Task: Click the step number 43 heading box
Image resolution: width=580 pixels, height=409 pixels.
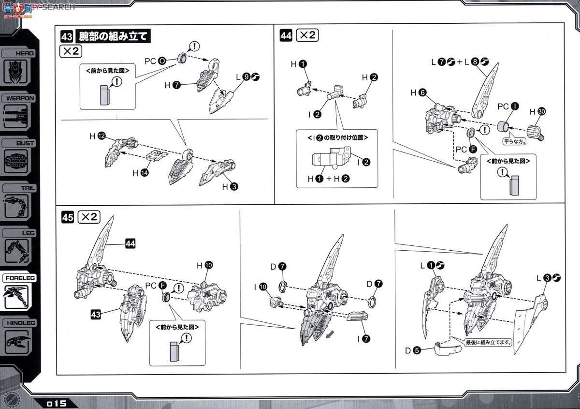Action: pos(67,36)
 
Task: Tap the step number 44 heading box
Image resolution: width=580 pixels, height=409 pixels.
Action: pos(286,35)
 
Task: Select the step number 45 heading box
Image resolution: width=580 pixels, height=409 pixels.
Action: pos(68,218)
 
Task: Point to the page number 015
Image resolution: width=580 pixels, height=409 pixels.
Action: pos(57,403)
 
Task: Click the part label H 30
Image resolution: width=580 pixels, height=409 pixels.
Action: pos(536,112)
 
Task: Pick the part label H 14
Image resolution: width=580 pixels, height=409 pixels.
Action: pos(139,172)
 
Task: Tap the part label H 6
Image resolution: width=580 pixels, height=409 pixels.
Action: pos(418,92)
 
